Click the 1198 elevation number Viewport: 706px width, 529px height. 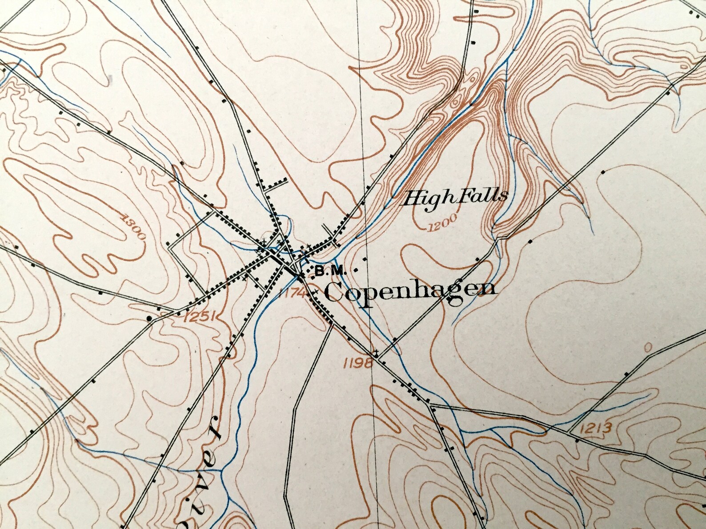[357, 364]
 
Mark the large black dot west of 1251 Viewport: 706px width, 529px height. [149, 318]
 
